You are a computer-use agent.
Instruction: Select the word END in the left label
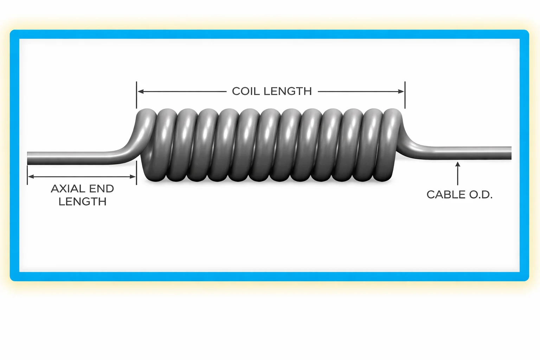[102, 189]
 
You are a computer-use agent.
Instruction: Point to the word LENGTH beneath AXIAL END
[83, 202]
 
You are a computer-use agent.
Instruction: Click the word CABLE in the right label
[444, 195]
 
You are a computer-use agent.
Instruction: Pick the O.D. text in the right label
[480, 195]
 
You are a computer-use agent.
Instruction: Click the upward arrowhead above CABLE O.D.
[458, 164]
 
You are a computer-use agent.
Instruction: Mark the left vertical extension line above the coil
[136, 95]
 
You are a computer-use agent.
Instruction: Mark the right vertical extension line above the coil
[405, 95]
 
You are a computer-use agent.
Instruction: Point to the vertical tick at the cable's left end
[27, 175]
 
